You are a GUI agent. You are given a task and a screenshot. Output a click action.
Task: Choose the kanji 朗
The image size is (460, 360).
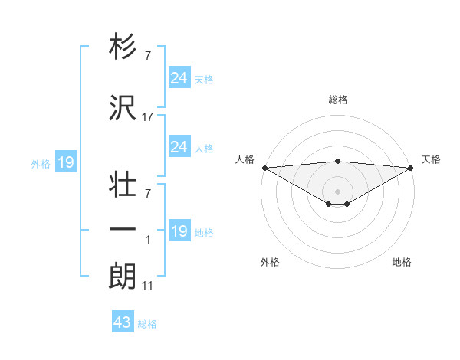click(123, 277)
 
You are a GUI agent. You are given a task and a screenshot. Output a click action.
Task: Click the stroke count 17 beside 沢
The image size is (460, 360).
click(148, 117)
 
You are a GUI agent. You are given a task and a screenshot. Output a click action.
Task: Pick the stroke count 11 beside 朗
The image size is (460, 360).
click(148, 286)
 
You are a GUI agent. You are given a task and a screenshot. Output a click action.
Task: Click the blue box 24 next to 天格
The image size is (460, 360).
click(179, 78)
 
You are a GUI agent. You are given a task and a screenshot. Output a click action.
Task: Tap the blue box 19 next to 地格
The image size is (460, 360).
click(179, 231)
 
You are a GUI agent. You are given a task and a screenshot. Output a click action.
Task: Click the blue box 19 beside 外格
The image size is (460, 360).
click(65, 162)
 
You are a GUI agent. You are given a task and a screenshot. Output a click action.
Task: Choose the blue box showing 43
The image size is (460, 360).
click(123, 322)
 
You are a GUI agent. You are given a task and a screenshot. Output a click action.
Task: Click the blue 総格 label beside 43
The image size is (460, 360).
click(148, 324)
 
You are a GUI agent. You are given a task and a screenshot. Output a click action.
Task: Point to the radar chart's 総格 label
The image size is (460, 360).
click(338, 100)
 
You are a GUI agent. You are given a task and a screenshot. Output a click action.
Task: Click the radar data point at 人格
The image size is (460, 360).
click(264, 168)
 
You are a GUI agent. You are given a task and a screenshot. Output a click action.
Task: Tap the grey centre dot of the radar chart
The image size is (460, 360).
click(338, 191)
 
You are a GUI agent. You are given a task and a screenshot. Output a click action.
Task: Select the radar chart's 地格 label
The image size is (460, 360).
click(402, 263)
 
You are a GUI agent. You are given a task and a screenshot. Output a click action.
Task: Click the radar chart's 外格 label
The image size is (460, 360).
click(270, 263)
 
